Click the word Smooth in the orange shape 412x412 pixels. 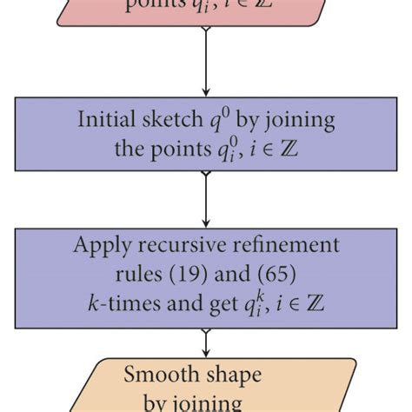[159, 375]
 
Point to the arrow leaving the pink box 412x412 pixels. [205, 61]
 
